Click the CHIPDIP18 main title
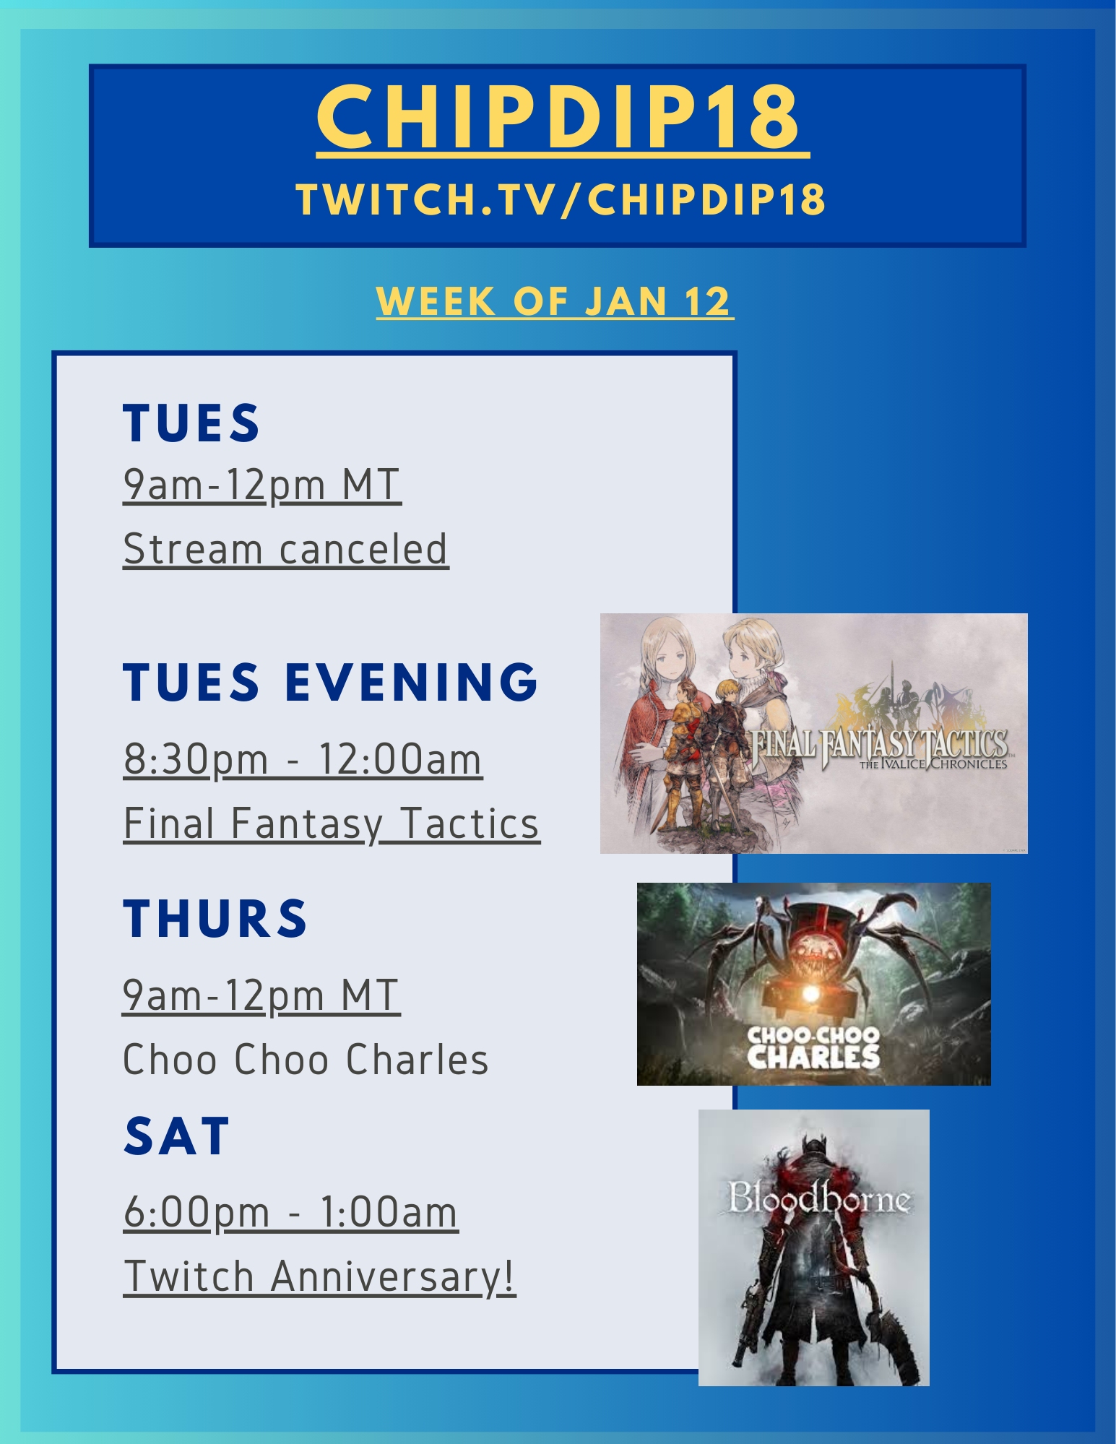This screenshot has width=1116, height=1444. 558,116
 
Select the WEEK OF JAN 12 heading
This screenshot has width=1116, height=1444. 555,301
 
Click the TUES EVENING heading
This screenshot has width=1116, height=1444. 331,682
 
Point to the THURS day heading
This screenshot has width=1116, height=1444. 215,919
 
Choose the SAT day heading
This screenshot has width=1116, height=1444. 177,1136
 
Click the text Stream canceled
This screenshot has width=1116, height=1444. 286,549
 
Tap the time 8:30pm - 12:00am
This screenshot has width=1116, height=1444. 303,759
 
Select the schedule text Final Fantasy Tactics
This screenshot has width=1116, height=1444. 332,824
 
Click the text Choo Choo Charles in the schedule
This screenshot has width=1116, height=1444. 306,1059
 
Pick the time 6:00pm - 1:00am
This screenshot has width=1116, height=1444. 290,1212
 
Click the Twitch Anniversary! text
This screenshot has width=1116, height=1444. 319,1276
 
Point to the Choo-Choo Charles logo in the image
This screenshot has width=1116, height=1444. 813,1047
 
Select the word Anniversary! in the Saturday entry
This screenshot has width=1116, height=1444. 394,1276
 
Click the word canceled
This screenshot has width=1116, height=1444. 364,549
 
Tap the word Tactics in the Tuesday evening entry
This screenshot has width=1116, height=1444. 470,823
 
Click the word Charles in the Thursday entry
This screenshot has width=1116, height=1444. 417,1059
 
